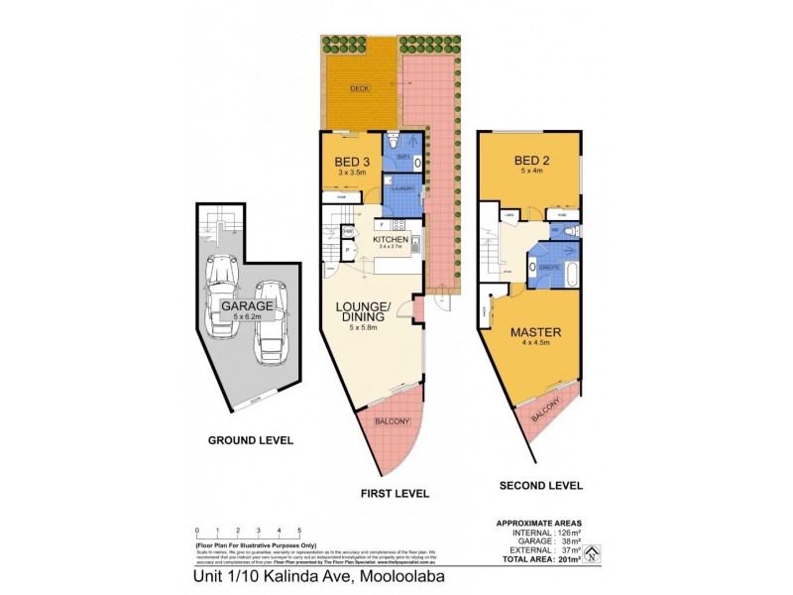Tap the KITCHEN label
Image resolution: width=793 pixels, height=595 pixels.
pos(390,240)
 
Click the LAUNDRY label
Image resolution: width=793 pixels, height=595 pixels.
pos(402,187)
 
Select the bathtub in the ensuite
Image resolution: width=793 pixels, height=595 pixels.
pos(548,268)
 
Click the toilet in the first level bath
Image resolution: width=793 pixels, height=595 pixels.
pos(394,140)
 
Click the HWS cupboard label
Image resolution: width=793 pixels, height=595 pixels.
pos(348,232)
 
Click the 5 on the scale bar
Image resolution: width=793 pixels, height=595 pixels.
pos(299,532)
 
